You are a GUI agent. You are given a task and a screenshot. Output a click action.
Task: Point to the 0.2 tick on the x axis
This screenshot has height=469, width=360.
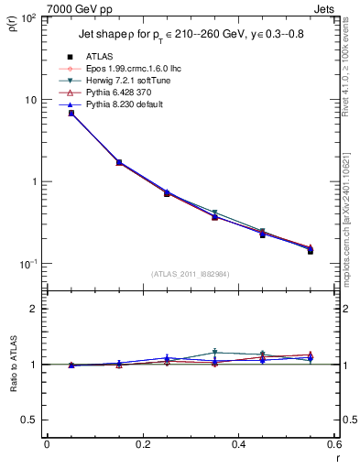click(143, 445)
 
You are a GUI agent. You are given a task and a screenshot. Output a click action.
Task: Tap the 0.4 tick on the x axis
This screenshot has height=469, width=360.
click(238, 445)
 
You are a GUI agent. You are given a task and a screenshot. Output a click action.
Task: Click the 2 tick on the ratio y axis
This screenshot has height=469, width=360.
click(33, 309)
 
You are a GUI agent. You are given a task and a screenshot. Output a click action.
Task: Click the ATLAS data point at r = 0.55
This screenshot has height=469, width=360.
click(310, 250)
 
